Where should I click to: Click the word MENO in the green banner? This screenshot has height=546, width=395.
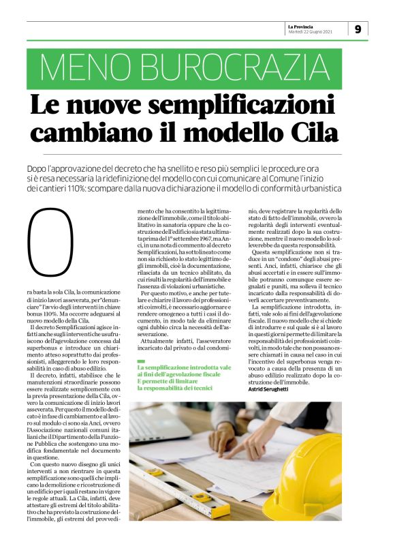(80, 67)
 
